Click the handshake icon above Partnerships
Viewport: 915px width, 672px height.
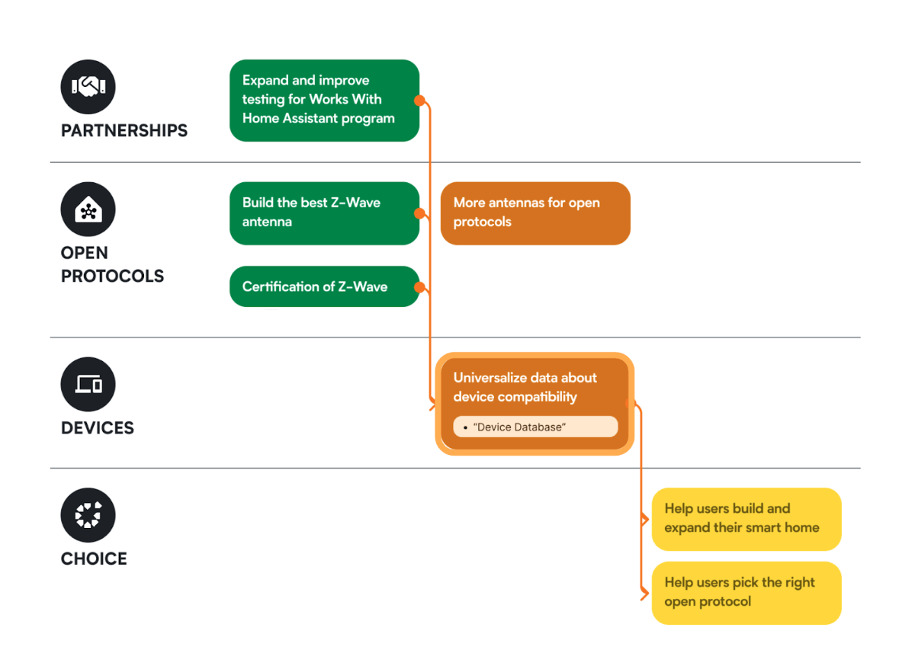pos(88,87)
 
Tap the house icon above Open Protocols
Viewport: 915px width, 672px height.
pos(88,210)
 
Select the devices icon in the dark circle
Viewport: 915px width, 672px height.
pos(88,385)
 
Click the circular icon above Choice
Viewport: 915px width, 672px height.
pos(88,516)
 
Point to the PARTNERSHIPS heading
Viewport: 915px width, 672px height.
pos(124,130)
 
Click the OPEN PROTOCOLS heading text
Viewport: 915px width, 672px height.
pos(112,264)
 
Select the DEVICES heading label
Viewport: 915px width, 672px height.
pos(98,428)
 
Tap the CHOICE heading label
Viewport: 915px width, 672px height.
pos(94,559)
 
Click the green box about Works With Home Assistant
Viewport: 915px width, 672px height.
pos(324,100)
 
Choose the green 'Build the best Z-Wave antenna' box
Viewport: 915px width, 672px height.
pos(324,213)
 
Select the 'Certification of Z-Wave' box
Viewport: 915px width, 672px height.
pos(324,286)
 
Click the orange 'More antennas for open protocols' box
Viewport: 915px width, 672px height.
pos(535,213)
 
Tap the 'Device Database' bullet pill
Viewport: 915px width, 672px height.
pos(535,427)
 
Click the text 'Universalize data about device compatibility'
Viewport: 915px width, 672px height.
pos(525,387)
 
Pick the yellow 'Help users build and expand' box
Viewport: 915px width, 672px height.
pos(746,518)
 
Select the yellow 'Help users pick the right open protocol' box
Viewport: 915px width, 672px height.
pos(746,592)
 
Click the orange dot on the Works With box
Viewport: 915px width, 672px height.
pos(419,101)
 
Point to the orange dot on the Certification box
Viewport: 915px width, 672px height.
pos(419,287)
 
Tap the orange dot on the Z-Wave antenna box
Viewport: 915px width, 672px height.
pos(419,213)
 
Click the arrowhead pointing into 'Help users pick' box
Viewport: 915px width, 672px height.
pos(647,593)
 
